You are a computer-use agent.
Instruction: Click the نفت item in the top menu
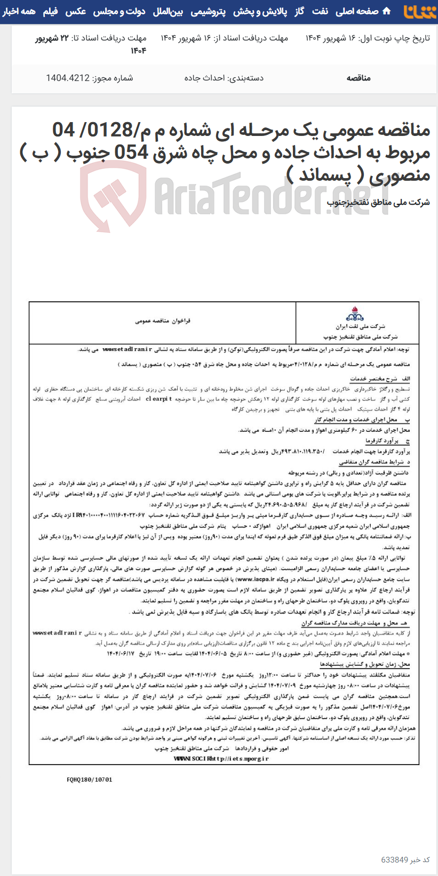click(320, 12)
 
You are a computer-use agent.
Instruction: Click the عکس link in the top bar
click(76, 12)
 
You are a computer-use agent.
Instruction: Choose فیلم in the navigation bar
click(51, 12)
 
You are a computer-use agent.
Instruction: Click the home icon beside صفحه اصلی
click(387, 11)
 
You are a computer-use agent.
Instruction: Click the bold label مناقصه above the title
click(359, 78)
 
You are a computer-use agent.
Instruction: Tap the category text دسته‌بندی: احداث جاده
click(224, 78)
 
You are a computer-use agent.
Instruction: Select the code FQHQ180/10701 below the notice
click(90, 779)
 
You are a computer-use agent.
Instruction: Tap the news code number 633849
click(394, 859)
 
